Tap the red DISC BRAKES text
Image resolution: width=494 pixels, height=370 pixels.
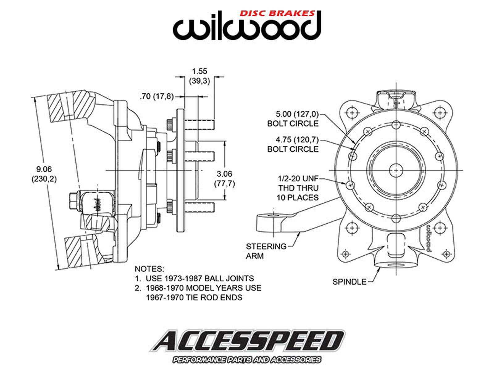point(277,13)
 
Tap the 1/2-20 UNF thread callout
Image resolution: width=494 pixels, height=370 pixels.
point(298,188)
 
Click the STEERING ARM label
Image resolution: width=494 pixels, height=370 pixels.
point(262,251)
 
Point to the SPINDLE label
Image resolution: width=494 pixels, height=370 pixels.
point(349,282)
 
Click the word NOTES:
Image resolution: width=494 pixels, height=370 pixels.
point(149,269)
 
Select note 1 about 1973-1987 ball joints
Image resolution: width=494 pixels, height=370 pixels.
point(195,278)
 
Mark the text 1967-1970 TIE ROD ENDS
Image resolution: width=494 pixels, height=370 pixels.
point(194,297)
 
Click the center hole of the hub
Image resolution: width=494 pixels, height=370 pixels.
point(396,170)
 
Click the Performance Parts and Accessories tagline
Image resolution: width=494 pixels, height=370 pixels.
point(246,360)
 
